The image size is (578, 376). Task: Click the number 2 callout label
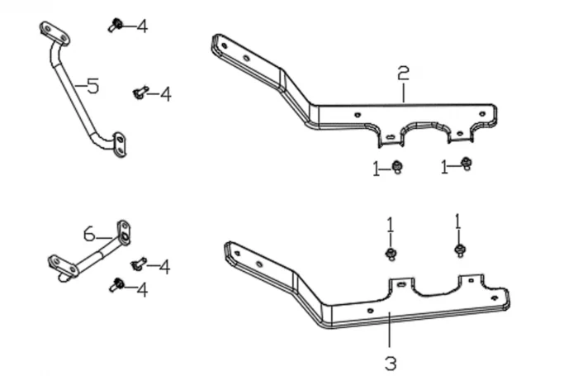click(x=403, y=74)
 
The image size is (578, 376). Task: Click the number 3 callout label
click(x=390, y=363)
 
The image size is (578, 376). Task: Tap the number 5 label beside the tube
click(x=92, y=85)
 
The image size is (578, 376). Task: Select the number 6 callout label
click(x=89, y=234)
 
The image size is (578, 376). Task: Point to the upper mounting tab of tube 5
click(x=53, y=32)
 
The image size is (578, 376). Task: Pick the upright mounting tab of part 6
click(x=123, y=233)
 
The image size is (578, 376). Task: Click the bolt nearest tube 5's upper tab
click(x=116, y=25)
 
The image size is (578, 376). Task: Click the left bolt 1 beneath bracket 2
click(x=397, y=167)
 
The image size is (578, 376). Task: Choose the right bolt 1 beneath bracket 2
click(x=466, y=164)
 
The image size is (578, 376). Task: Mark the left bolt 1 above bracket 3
click(x=391, y=252)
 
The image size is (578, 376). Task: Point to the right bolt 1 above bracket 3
click(x=458, y=249)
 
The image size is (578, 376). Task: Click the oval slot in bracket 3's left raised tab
click(x=400, y=284)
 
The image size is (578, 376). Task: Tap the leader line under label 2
click(x=403, y=92)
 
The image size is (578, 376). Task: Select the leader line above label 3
click(x=389, y=331)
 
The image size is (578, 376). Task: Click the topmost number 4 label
click(x=143, y=26)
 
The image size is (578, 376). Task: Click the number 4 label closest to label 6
click(x=164, y=267)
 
